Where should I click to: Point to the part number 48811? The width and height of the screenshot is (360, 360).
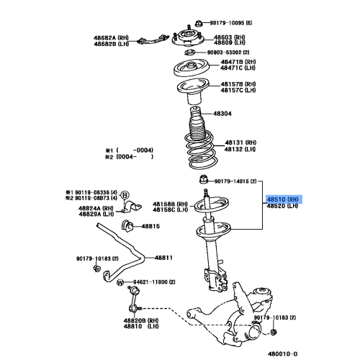[165, 258]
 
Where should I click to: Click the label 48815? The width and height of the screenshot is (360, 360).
[150, 227]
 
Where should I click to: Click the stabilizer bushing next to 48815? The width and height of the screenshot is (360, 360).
[129, 227]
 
